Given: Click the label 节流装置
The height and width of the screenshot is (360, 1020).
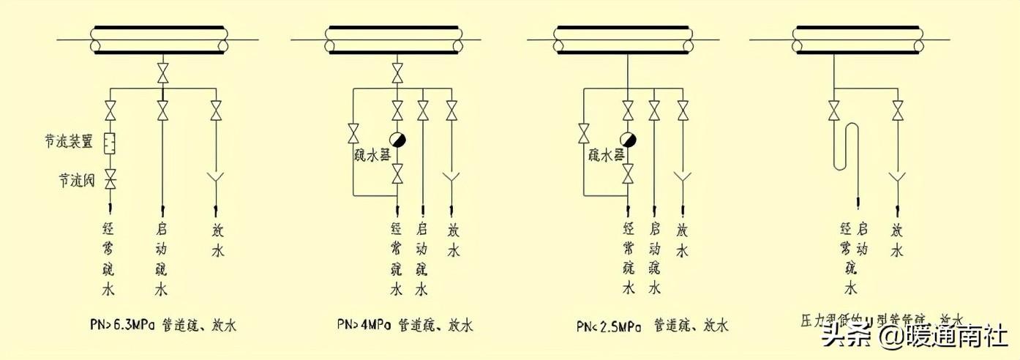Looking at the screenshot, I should (67, 141).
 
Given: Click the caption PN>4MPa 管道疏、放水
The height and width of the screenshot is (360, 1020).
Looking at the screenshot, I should (405, 325).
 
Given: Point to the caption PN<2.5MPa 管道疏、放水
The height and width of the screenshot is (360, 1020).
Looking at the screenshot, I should (652, 325).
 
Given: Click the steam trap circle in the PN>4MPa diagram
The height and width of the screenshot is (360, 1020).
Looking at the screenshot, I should (397, 140).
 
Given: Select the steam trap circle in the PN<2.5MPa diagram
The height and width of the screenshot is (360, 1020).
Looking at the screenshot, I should (628, 140).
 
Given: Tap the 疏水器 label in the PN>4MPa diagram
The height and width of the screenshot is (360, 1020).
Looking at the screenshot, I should (371, 156).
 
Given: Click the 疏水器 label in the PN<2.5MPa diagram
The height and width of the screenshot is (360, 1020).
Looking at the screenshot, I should (606, 156).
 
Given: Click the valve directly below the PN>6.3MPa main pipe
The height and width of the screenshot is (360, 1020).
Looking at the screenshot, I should (162, 74).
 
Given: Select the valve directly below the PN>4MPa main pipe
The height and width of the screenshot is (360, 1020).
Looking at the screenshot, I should (397, 74).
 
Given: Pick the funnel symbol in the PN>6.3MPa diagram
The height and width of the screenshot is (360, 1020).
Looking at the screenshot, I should (216, 178).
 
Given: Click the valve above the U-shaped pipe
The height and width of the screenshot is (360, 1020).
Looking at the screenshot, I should (834, 111).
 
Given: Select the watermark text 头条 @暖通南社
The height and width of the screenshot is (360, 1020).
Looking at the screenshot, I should (915, 338).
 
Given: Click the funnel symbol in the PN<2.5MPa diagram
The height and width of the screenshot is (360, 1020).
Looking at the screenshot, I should (683, 178).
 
